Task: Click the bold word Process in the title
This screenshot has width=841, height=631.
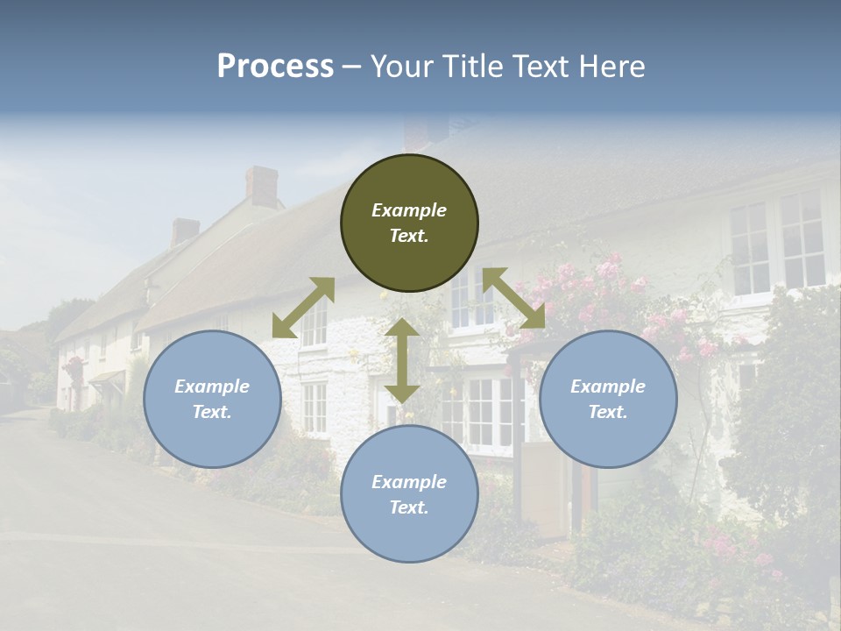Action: pyautogui.click(x=275, y=67)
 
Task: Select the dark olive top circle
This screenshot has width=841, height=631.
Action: pyautogui.click(x=409, y=223)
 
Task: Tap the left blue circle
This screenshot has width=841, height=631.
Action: pyautogui.click(x=212, y=399)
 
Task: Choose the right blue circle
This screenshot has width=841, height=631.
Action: pyautogui.click(x=608, y=399)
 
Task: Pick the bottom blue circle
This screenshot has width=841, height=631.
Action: pyautogui.click(x=409, y=493)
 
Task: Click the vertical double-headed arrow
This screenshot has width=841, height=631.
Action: pyautogui.click(x=402, y=360)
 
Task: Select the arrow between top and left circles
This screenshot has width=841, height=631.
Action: pyautogui.click(x=303, y=308)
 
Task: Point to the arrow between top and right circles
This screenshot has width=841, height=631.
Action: pyautogui.click(x=513, y=298)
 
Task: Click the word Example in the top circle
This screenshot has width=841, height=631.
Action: pyautogui.click(x=409, y=210)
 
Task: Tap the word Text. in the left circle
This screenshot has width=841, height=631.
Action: pyautogui.click(x=212, y=412)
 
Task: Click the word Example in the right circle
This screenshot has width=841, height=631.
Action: pyautogui.click(x=608, y=386)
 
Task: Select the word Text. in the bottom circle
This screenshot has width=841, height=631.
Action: pyautogui.click(x=409, y=507)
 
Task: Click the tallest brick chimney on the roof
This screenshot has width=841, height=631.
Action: pyautogui.click(x=261, y=185)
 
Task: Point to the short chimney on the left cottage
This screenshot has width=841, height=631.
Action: pyautogui.click(x=185, y=231)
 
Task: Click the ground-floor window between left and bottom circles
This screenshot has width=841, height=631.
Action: pyautogui.click(x=314, y=408)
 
